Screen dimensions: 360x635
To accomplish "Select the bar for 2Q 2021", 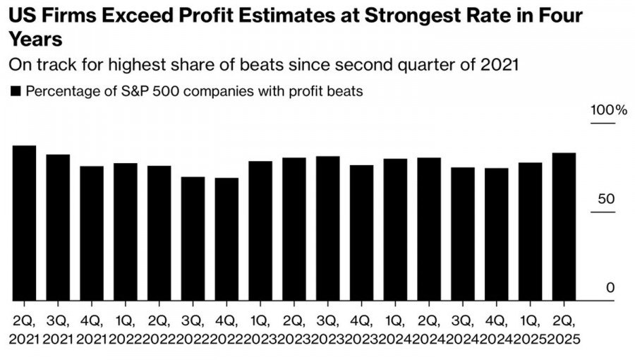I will [24, 223].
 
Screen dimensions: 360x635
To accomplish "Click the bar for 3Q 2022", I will [193, 239].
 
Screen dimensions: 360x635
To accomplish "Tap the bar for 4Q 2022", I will [226, 239].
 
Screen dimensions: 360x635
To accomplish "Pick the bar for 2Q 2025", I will [564, 227].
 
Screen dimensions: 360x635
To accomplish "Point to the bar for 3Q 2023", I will [328, 228].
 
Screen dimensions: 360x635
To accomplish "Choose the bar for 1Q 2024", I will [395, 229].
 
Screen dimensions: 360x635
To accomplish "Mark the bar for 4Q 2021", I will [92, 233].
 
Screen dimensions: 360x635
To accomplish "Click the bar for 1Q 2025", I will [530, 232].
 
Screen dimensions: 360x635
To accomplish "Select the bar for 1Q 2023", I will [260, 231].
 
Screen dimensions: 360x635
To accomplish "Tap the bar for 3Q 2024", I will [463, 234].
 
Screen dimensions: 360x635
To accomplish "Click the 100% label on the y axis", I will [608, 112].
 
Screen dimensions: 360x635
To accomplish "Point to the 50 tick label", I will [606, 199].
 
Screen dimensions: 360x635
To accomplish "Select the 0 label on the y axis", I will [610, 287].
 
